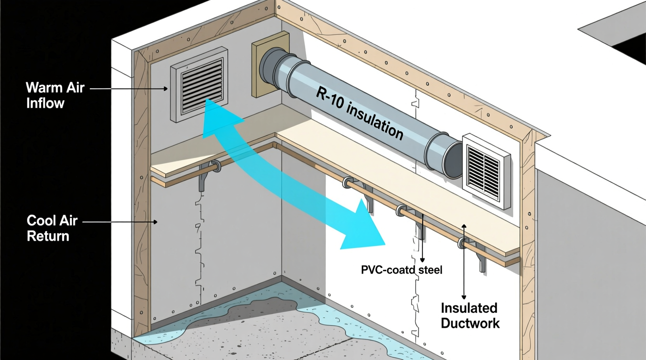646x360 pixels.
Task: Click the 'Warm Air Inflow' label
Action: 55,95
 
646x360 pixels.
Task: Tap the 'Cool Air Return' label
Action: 52,228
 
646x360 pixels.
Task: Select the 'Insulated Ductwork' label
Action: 470,316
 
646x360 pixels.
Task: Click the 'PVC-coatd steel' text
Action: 401,270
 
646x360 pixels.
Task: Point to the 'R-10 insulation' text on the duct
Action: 359,113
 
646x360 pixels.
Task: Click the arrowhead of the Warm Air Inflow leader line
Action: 166,88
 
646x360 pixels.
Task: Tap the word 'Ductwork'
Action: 470,323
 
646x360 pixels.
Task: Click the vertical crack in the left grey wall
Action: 199,242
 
